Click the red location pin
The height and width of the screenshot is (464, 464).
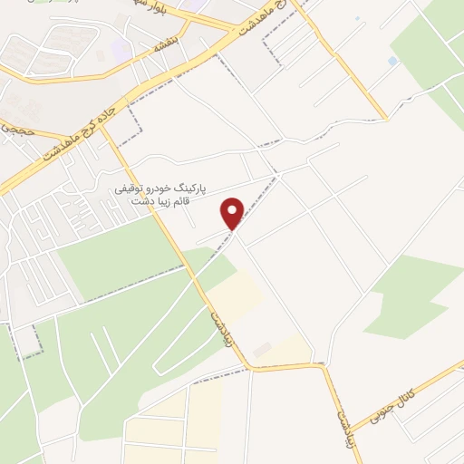(x=234, y=213)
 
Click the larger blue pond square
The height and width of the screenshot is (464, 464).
(x=391, y=61)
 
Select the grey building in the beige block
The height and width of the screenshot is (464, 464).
(x=261, y=349)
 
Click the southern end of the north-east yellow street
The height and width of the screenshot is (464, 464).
(x=386, y=118)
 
